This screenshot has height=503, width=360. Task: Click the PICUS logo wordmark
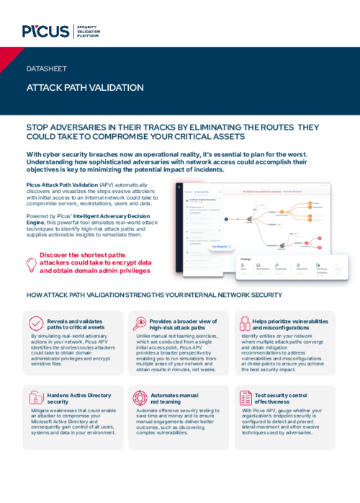click(x=45, y=31)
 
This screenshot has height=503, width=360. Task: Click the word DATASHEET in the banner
click(x=46, y=69)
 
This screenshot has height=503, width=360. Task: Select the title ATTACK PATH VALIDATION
click(x=85, y=88)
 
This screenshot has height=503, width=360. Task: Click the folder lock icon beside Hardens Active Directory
click(x=35, y=398)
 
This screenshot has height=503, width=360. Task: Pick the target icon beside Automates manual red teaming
click(x=138, y=398)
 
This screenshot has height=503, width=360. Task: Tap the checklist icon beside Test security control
click(x=241, y=398)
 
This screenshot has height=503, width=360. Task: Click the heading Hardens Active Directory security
click(x=78, y=398)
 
